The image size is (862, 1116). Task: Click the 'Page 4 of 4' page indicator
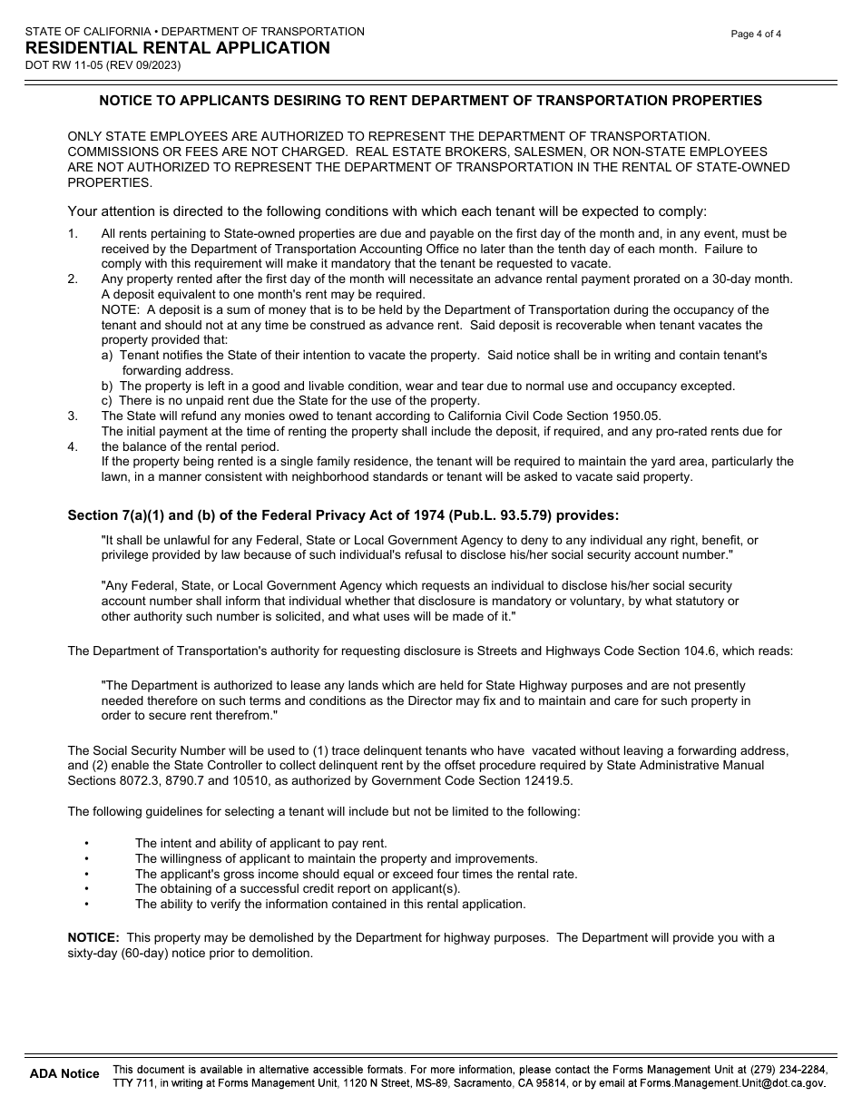coord(756,34)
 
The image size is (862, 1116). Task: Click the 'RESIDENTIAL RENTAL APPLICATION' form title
coord(178,48)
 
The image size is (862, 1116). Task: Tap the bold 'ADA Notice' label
coord(64,1074)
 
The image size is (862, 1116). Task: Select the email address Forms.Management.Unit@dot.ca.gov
coord(732,1082)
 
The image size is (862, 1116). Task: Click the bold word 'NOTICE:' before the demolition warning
coord(93,938)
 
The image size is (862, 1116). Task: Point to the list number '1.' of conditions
coord(73,234)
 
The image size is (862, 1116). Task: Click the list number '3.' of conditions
coord(73,416)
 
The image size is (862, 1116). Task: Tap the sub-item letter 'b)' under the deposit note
coord(108,386)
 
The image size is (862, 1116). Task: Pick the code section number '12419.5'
coord(550,781)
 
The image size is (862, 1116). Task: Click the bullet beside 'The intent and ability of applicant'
coord(86,844)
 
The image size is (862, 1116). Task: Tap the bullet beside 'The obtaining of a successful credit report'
coord(86,889)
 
